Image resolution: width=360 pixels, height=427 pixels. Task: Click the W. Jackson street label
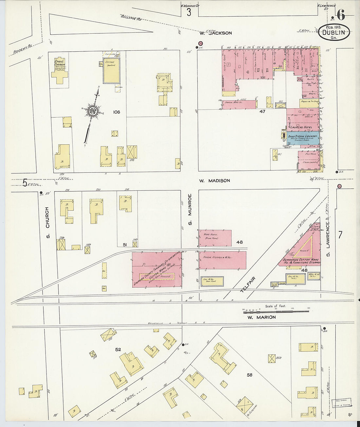(216, 33)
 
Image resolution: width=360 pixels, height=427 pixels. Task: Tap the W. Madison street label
(214, 181)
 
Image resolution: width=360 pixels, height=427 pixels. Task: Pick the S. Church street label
(47, 217)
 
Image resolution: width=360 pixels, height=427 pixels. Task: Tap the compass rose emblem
(92, 111)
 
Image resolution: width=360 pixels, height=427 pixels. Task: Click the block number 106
(116, 112)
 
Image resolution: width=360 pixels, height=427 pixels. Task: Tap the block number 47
(262, 112)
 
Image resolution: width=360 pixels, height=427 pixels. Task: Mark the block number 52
(118, 350)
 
